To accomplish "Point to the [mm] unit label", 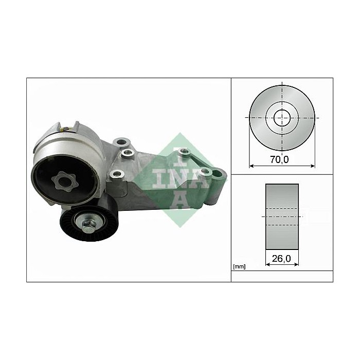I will tap(239, 266).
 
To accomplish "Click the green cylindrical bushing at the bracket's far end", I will tap(217, 187).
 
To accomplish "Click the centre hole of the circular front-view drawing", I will tap(281, 117).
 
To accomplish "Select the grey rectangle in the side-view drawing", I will tap(282, 217).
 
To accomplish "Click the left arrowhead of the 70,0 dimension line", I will tap(251, 166).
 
